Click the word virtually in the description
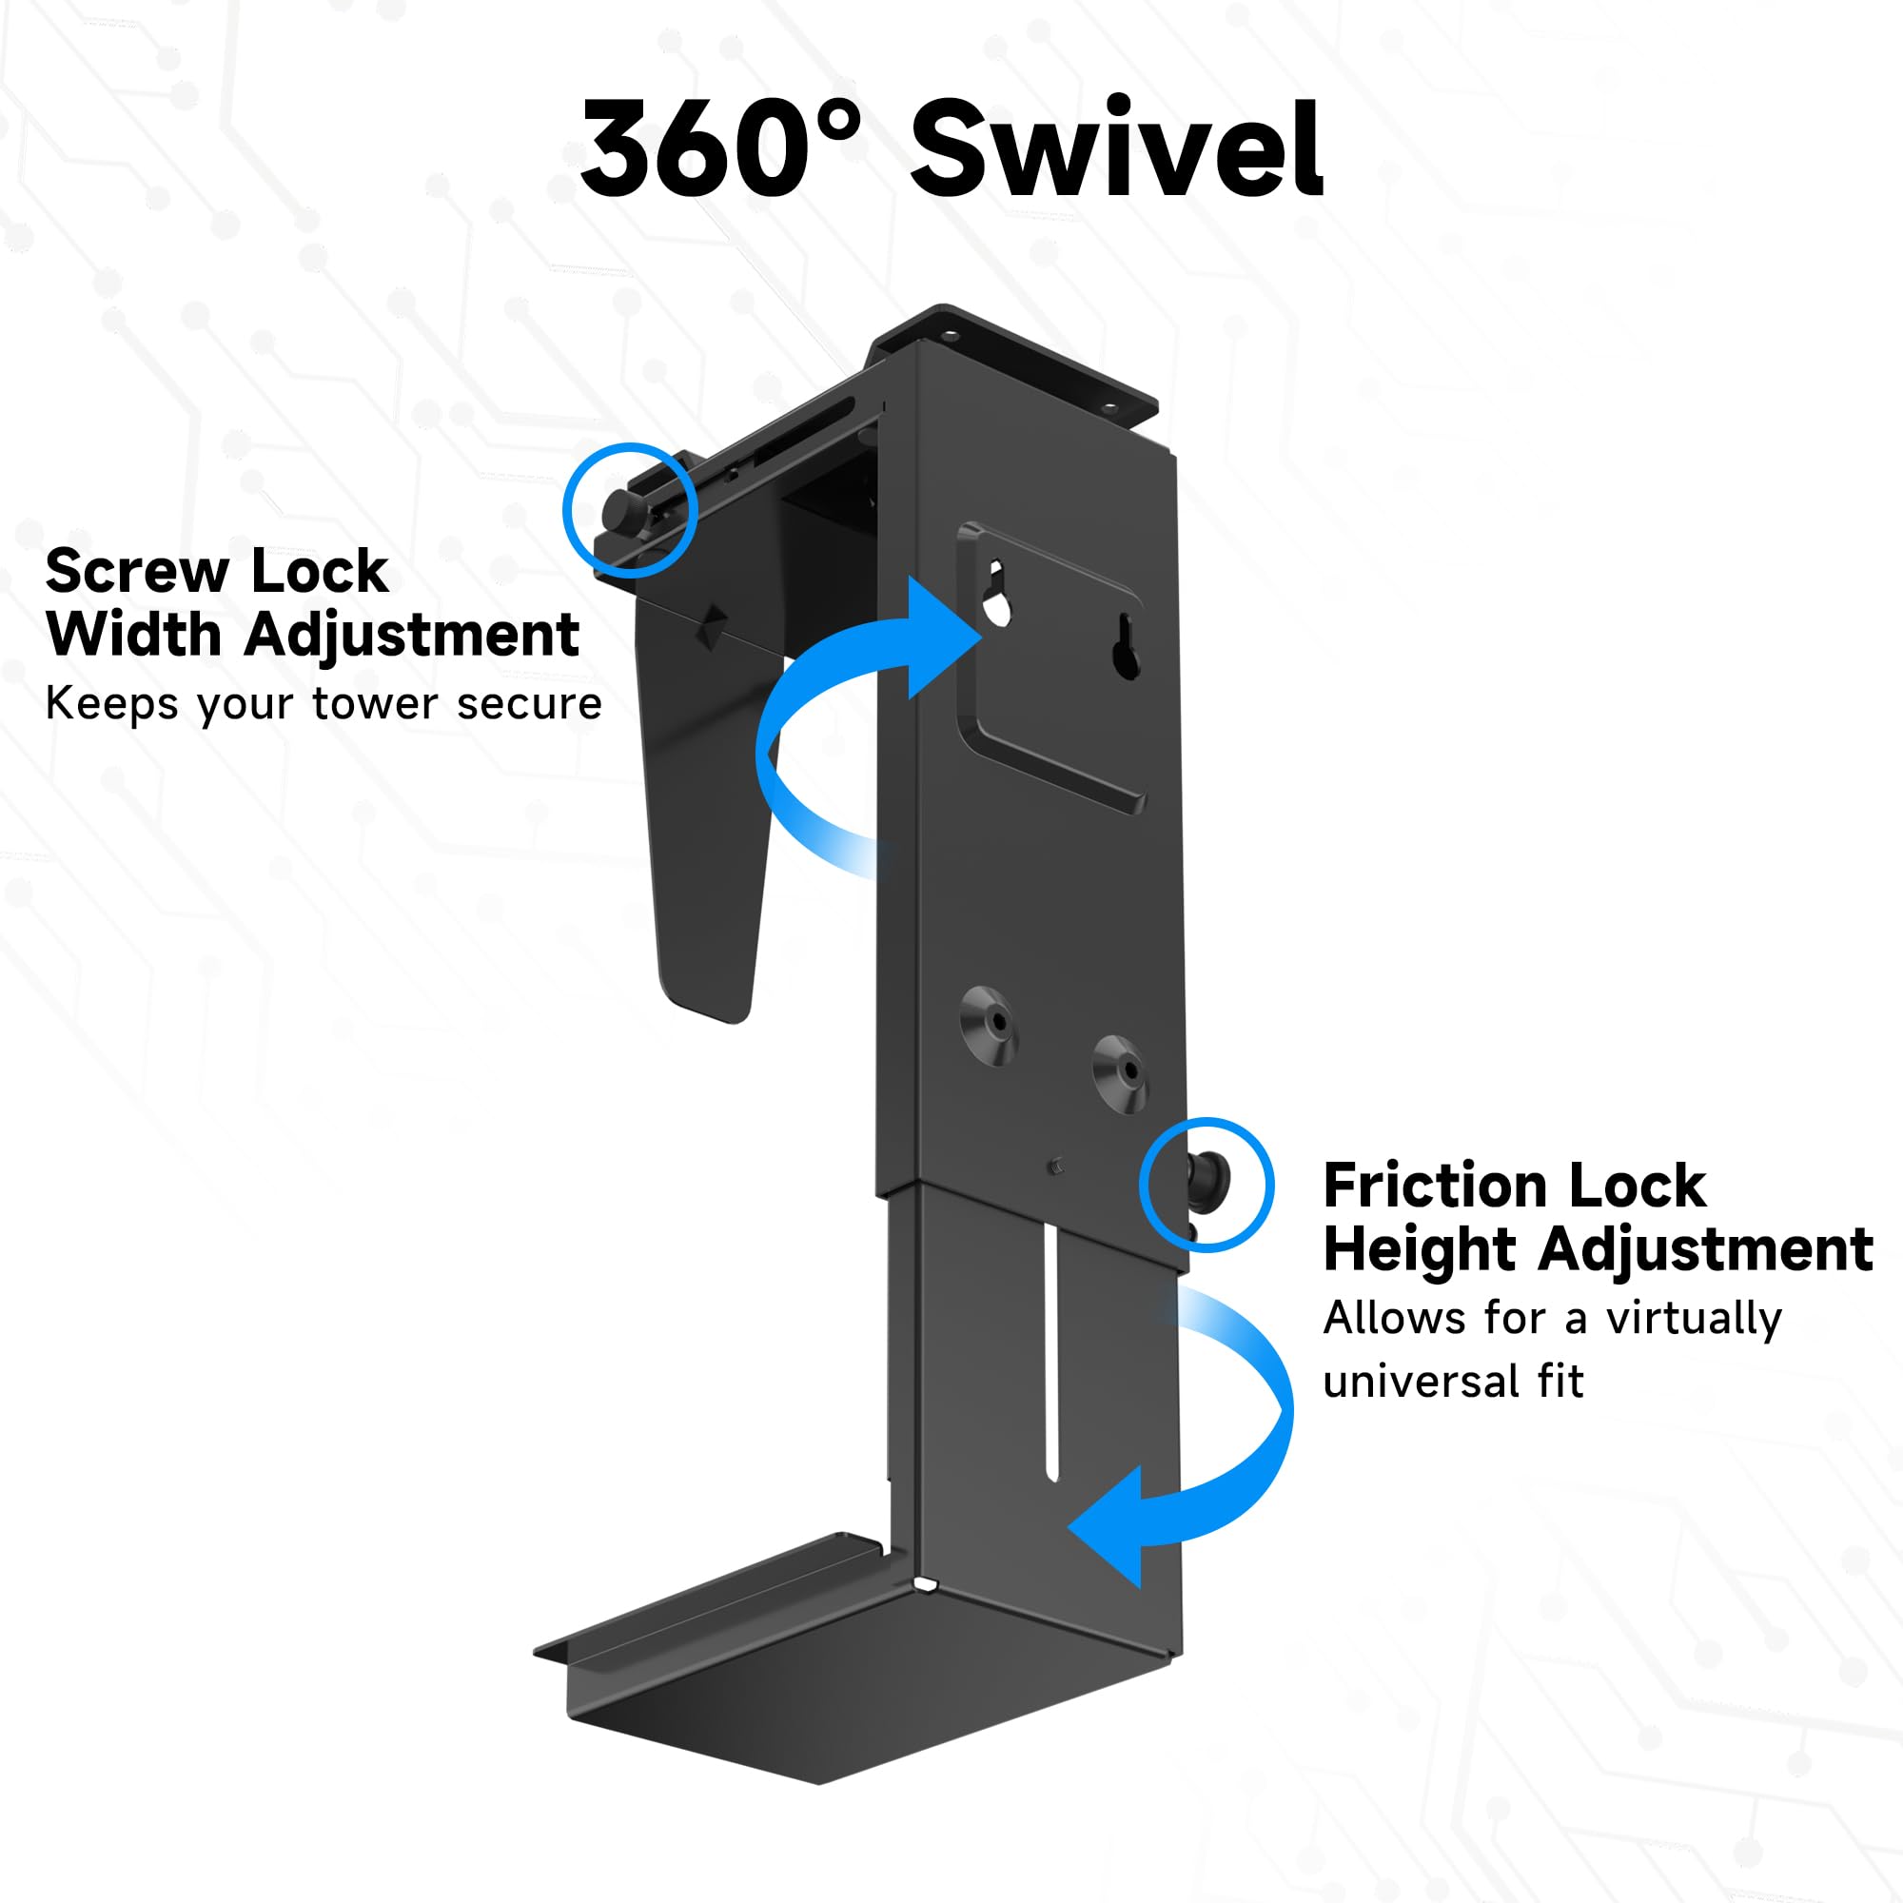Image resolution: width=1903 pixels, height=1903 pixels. tap(1694, 1317)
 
